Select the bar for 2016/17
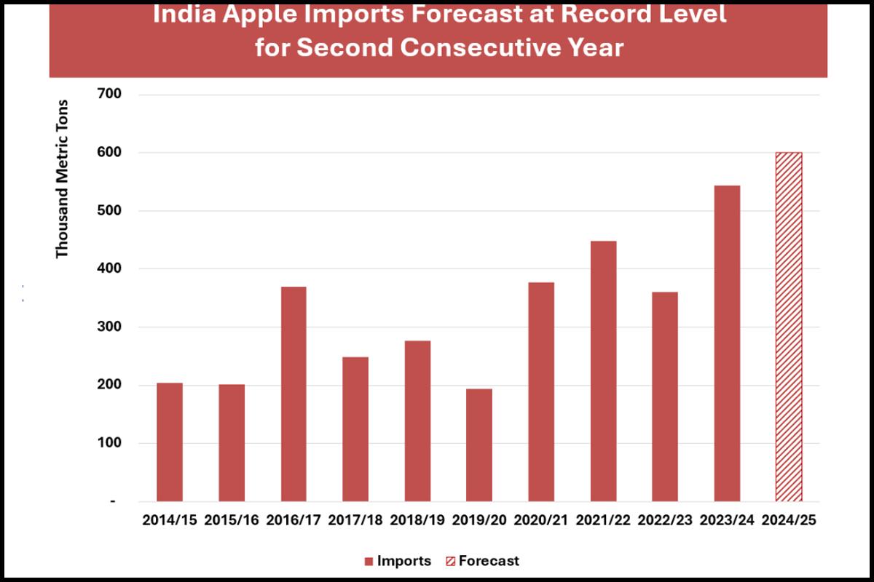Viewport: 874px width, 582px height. (294, 394)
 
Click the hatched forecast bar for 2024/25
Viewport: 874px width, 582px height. (788, 327)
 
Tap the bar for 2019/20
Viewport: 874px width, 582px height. (479, 445)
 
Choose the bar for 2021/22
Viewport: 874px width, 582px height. (603, 371)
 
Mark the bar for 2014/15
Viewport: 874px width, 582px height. (170, 442)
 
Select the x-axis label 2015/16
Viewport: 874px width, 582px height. (232, 521)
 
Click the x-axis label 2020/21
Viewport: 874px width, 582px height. (541, 521)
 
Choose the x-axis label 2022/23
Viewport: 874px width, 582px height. (665, 521)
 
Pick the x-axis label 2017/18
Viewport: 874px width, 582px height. (355, 521)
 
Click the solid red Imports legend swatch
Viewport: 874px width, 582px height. (369, 562)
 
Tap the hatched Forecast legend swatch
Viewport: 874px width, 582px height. (449, 562)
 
